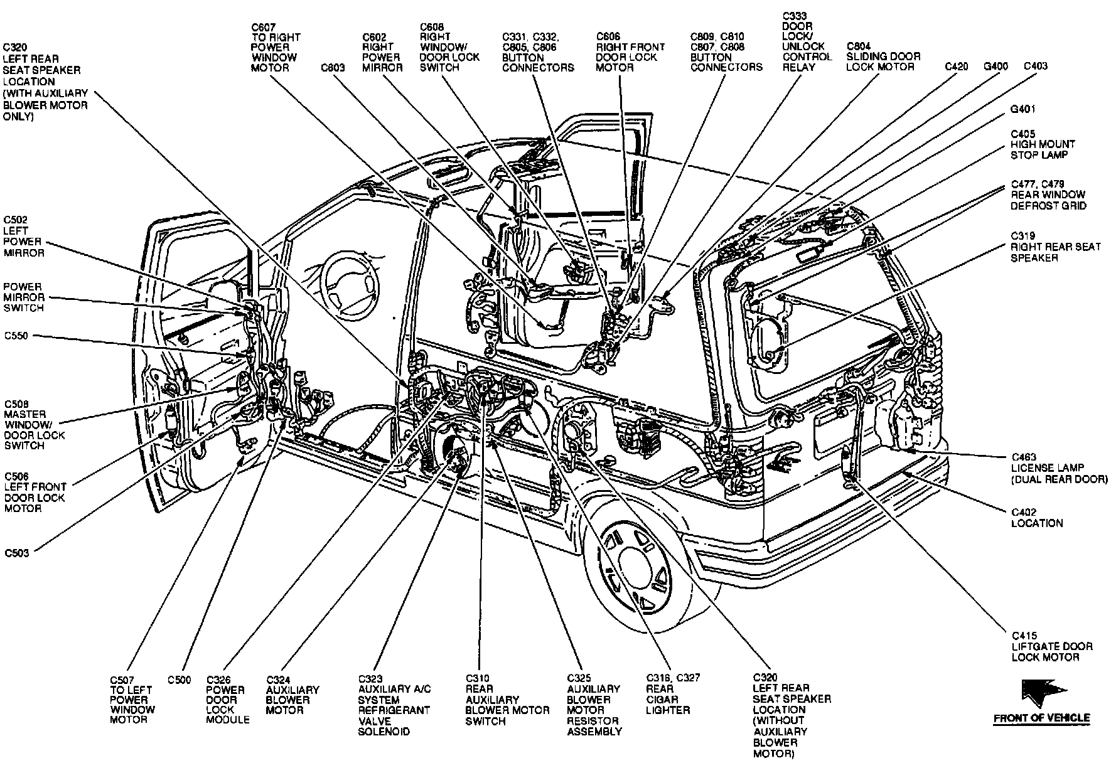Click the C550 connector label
(x=16, y=336)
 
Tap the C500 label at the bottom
(x=179, y=680)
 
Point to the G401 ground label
(x=1022, y=109)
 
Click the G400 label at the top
(x=996, y=66)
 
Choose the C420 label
(x=957, y=66)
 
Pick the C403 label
(x=1035, y=66)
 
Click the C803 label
(x=332, y=67)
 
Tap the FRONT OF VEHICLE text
(x=1041, y=718)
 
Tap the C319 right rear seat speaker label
(x=1055, y=247)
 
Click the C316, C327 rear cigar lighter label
(x=672, y=694)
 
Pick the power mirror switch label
(x=24, y=297)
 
